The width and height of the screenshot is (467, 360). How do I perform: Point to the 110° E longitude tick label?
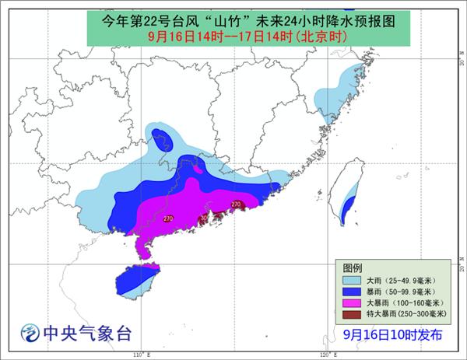139,355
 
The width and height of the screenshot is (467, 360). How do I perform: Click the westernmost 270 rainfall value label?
168,218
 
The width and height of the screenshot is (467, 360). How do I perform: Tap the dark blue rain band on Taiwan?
349,207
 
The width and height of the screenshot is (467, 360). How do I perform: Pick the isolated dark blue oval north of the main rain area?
163,138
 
